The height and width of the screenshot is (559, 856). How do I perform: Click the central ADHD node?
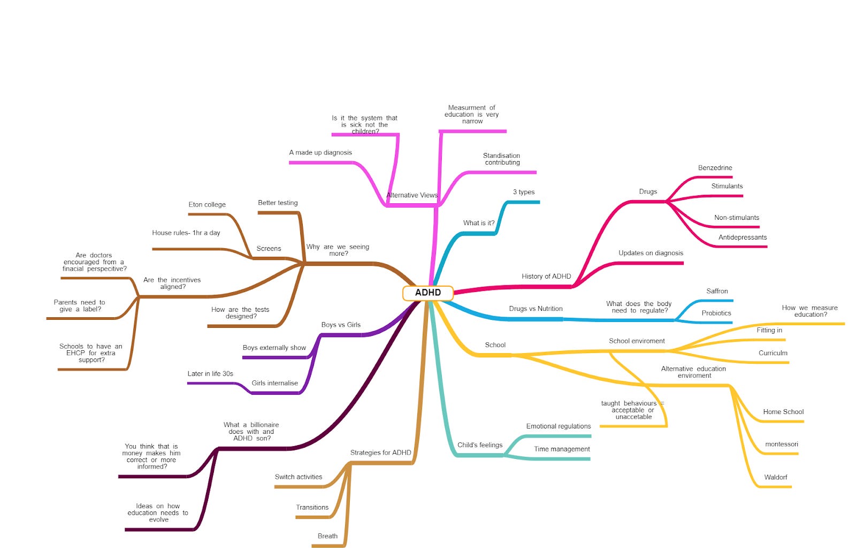428,293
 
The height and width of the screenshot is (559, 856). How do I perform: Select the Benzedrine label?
715,168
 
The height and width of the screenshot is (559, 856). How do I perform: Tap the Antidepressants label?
743,238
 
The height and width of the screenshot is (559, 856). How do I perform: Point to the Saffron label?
717,292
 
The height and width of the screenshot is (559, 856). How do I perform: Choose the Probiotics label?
716,313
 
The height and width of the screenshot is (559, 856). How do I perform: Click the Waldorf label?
775,478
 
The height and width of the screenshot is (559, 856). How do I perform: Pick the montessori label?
781,445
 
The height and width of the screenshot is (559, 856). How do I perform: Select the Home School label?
783,412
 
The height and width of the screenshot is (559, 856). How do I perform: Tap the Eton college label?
207,205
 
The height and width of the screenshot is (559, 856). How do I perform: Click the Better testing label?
278,203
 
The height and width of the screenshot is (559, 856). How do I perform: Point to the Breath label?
327,537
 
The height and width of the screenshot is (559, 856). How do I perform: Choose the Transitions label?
312,508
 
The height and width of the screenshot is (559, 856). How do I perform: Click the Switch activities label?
299,477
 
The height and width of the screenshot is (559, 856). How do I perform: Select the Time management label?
562,449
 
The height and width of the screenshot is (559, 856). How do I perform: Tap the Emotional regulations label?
559,426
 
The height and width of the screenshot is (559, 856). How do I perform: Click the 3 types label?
524,192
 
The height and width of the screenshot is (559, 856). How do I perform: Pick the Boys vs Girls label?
341,325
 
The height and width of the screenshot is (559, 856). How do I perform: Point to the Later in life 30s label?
210,374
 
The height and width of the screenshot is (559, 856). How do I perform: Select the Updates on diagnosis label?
651,253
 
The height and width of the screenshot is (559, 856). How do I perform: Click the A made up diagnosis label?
320,152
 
